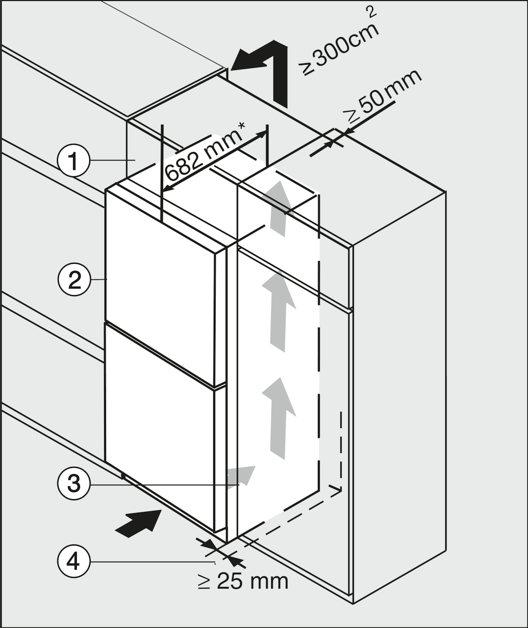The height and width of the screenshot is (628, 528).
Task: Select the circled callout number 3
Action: [x=73, y=484]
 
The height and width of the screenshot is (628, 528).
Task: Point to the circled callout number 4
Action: [x=73, y=561]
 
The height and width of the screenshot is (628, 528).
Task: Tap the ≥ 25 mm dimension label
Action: [x=243, y=581]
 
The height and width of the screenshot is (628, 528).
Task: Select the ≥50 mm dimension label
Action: [x=384, y=96]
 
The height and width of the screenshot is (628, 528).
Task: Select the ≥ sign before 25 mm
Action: [x=204, y=582]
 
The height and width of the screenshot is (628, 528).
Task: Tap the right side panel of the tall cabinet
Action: [x=400, y=404]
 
